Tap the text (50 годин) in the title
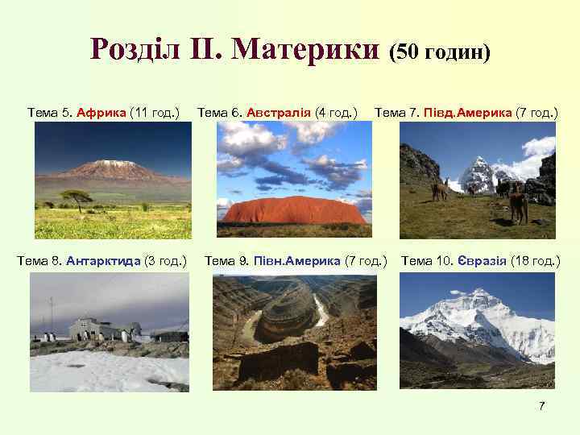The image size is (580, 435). (439, 52)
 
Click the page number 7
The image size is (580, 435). (542, 405)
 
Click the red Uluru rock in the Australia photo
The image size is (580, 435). (294, 211)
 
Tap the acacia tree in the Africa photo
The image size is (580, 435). (77, 197)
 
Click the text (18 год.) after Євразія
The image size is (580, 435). (536, 260)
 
